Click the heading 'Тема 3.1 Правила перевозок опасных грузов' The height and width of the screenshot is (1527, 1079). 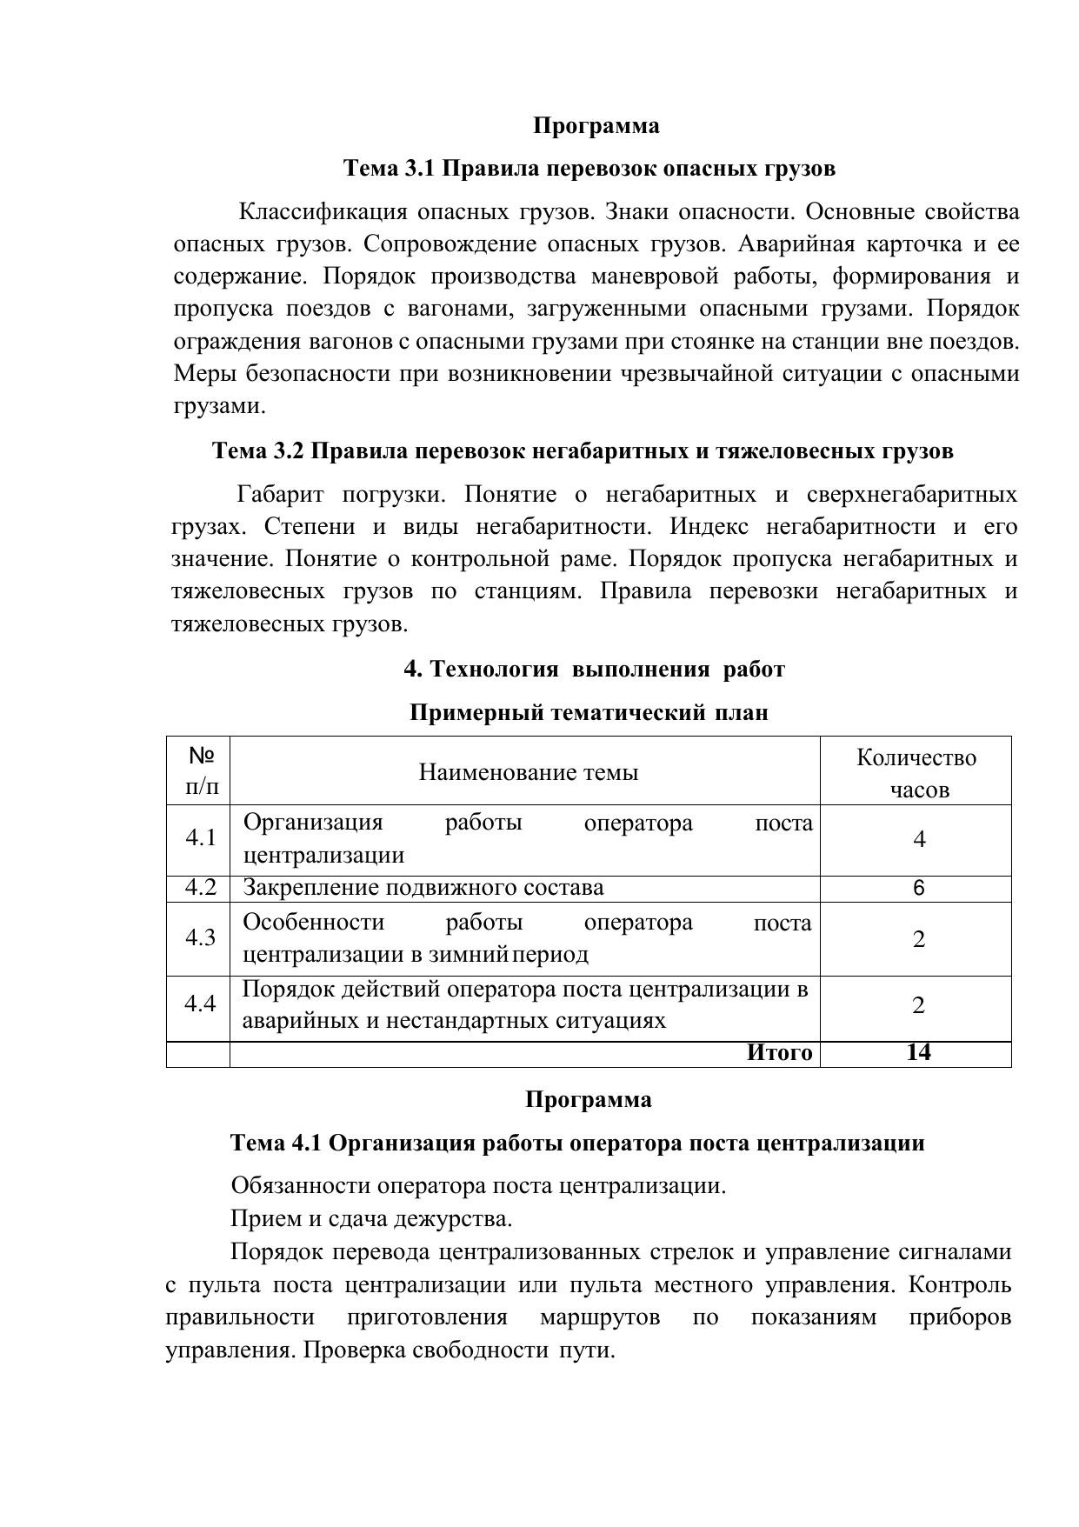[x=589, y=168]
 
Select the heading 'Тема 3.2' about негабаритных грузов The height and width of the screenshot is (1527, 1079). [x=583, y=450]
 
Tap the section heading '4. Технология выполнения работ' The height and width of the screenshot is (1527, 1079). [x=594, y=669]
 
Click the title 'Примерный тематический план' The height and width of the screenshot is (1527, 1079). [x=589, y=712]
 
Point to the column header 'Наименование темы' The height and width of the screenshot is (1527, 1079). [x=528, y=772]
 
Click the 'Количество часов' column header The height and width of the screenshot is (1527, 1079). [x=916, y=772]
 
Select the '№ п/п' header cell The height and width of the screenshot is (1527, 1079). [x=201, y=771]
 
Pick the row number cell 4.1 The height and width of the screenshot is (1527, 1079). [x=200, y=838]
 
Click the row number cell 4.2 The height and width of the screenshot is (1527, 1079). [x=200, y=888]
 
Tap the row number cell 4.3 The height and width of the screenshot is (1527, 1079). [x=200, y=937]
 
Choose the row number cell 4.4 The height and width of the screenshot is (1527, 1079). [x=200, y=1004]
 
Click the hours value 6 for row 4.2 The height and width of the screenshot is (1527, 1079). [x=918, y=889]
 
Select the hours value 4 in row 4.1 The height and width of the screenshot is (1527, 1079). [x=918, y=839]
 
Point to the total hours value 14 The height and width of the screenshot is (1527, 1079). [x=918, y=1053]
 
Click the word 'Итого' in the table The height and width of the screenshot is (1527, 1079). [x=779, y=1053]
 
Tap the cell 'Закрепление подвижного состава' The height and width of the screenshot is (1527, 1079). [x=423, y=888]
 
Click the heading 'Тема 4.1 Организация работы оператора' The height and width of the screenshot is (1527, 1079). [x=577, y=1143]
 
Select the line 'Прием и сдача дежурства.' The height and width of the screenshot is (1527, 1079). [x=371, y=1218]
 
